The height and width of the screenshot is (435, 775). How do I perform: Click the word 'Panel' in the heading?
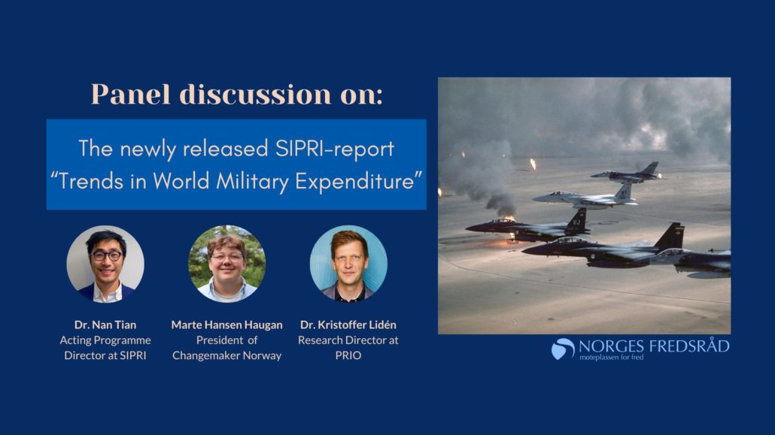click(130, 94)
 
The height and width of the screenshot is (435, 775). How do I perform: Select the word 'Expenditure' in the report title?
click(359, 181)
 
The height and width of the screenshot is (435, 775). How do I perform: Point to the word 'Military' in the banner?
click(252, 181)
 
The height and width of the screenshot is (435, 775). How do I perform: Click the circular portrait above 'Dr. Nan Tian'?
click(105, 264)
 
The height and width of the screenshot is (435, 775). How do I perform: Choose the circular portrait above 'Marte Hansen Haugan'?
click(227, 264)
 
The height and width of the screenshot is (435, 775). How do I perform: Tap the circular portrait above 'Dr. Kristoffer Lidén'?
click(348, 264)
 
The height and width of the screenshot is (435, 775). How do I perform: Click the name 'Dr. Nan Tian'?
click(105, 325)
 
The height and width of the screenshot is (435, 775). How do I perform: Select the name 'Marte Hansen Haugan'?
click(227, 325)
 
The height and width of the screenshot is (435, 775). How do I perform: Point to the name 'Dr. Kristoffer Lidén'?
click(348, 325)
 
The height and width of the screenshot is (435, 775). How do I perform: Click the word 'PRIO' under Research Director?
click(348, 355)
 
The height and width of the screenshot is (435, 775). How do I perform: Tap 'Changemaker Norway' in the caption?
click(227, 355)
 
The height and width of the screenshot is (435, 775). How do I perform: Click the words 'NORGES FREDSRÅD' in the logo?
click(654, 346)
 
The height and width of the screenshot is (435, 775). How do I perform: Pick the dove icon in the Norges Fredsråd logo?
click(563, 349)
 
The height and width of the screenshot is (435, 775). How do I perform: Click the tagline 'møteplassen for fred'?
click(612, 357)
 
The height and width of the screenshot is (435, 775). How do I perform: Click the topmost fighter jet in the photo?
click(626, 173)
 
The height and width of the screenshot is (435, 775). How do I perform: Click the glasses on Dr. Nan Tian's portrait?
click(106, 255)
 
